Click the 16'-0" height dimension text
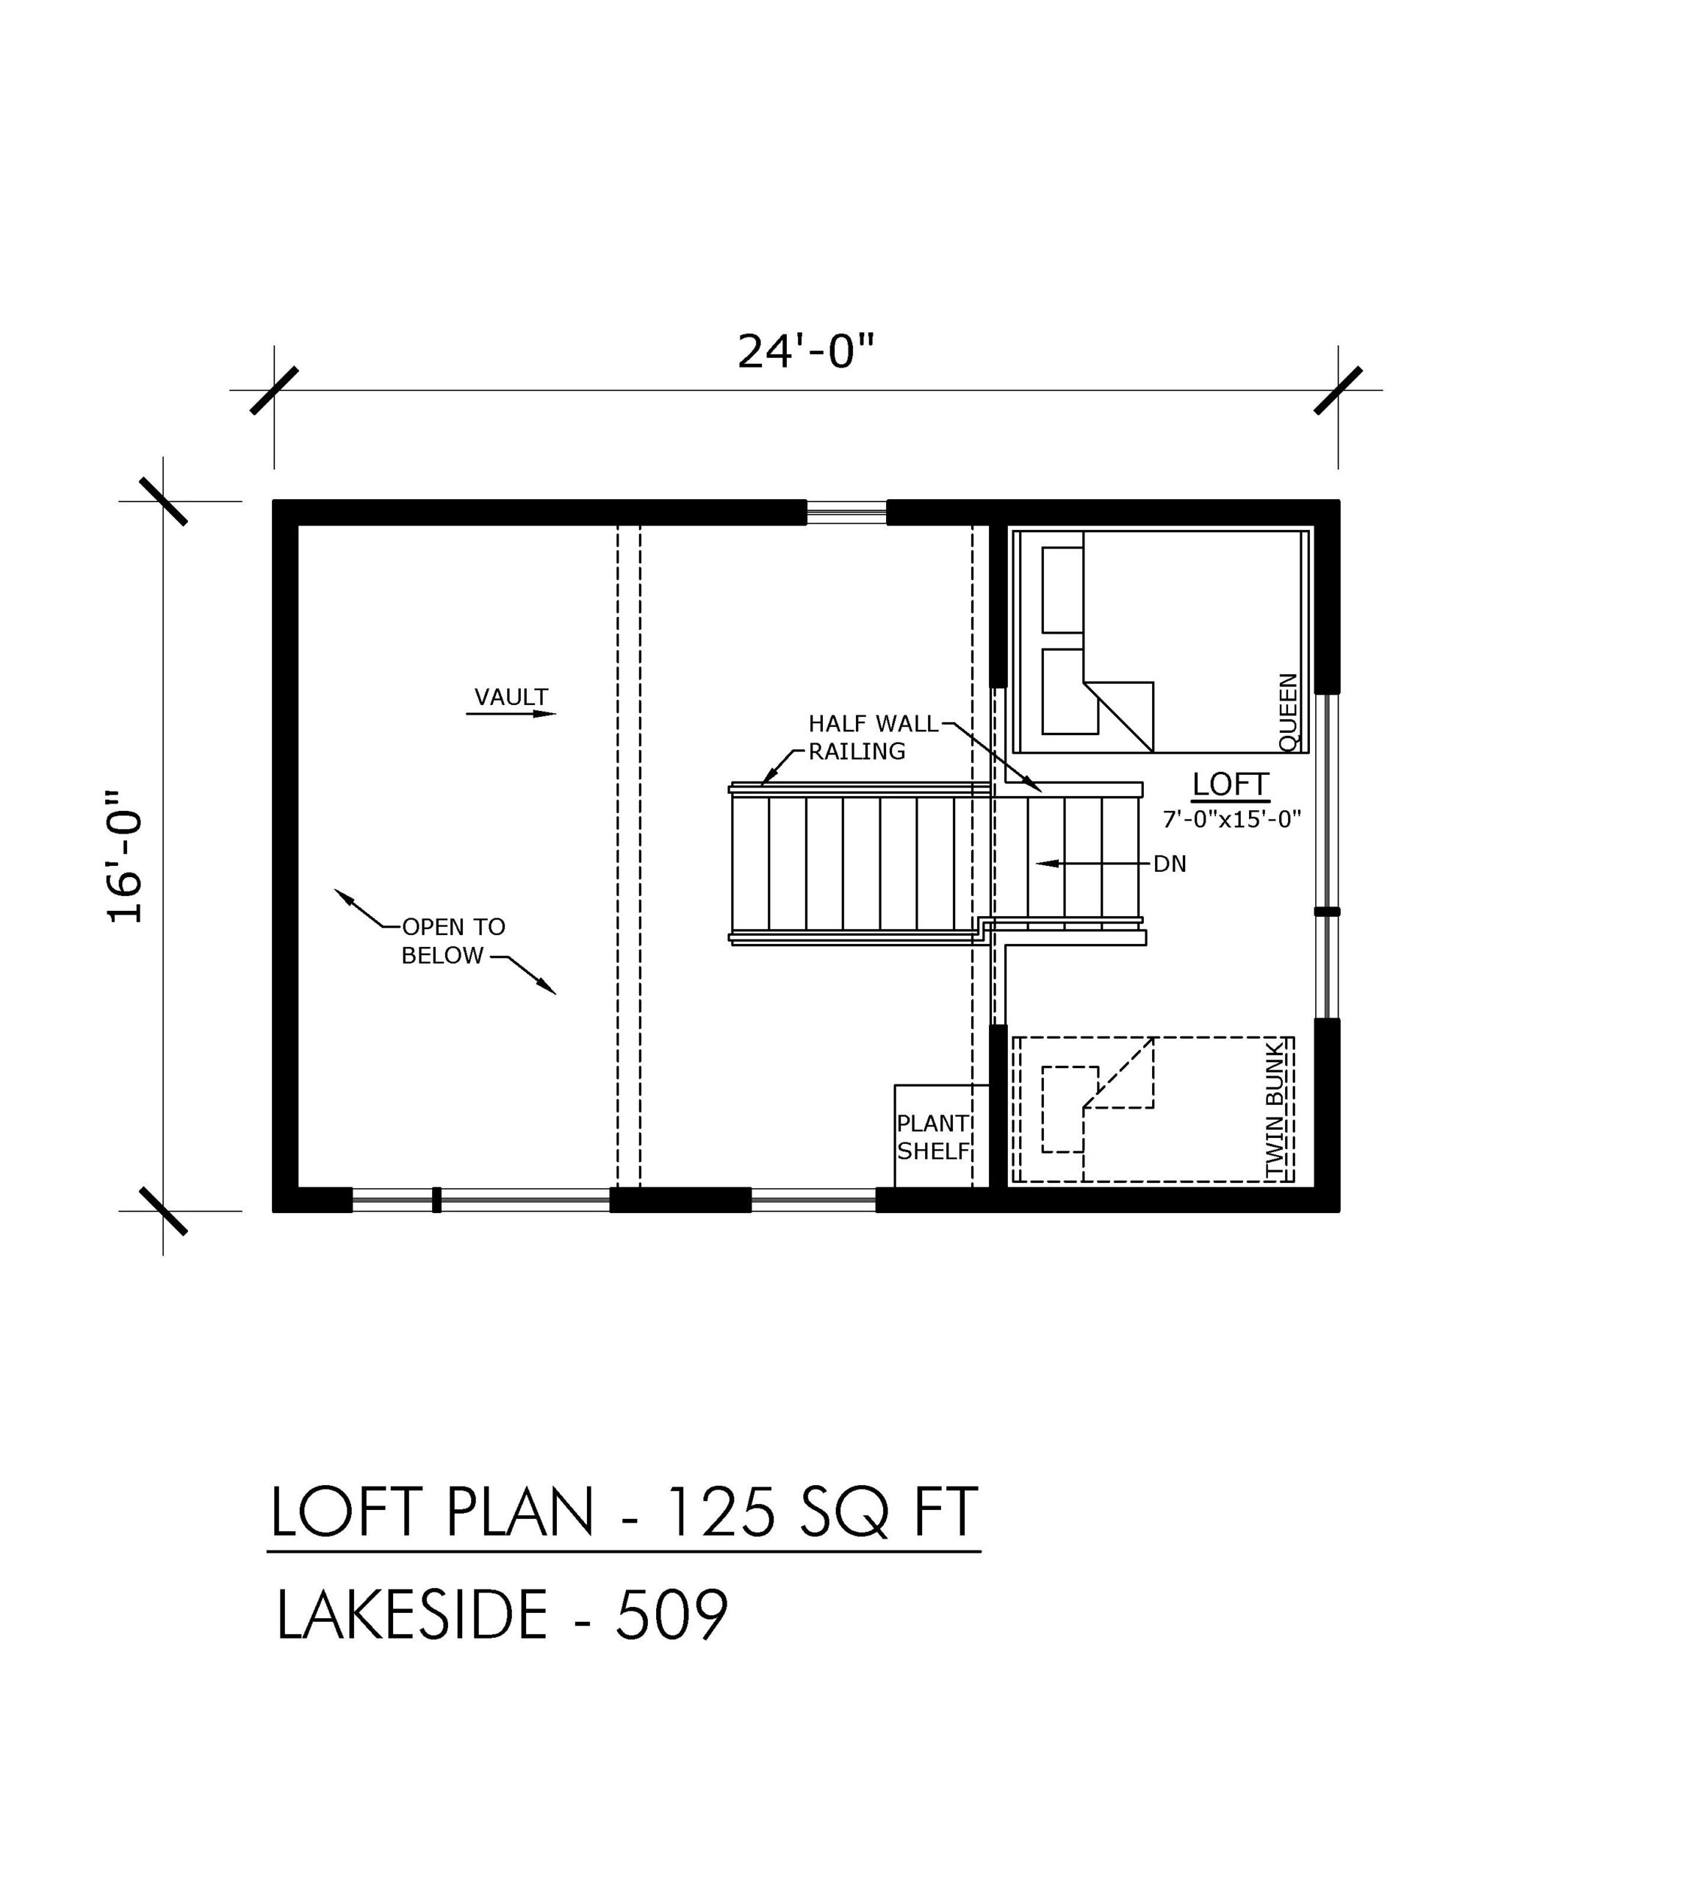126,857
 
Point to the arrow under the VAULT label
511,713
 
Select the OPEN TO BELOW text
453,941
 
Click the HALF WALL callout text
874,723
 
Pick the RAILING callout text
857,751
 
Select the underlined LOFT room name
1231,784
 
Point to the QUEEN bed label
1289,712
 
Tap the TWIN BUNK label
1275,1113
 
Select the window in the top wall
846,512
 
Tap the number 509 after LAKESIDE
671,1615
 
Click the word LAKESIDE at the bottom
411,1615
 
